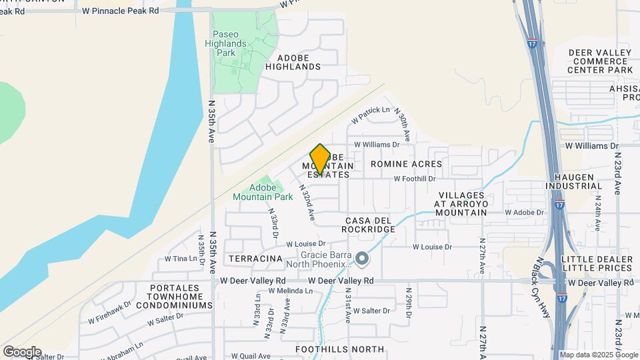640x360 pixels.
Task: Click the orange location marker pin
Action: (x=320, y=159)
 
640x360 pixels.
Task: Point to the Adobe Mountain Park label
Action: (x=263, y=192)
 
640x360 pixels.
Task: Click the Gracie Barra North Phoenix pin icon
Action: (x=362, y=257)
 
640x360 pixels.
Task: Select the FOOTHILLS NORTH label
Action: (x=340, y=349)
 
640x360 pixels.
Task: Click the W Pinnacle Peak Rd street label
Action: (x=121, y=11)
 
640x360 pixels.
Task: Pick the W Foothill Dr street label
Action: (x=414, y=179)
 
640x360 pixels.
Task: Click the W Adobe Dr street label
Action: (x=525, y=212)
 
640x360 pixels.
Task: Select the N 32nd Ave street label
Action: (x=307, y=203)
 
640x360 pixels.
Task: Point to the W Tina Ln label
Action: (x=177, y=258)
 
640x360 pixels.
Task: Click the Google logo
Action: (x=22, y=351)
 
